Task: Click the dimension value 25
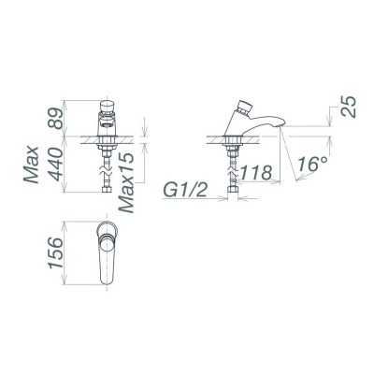tap(350, 106)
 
